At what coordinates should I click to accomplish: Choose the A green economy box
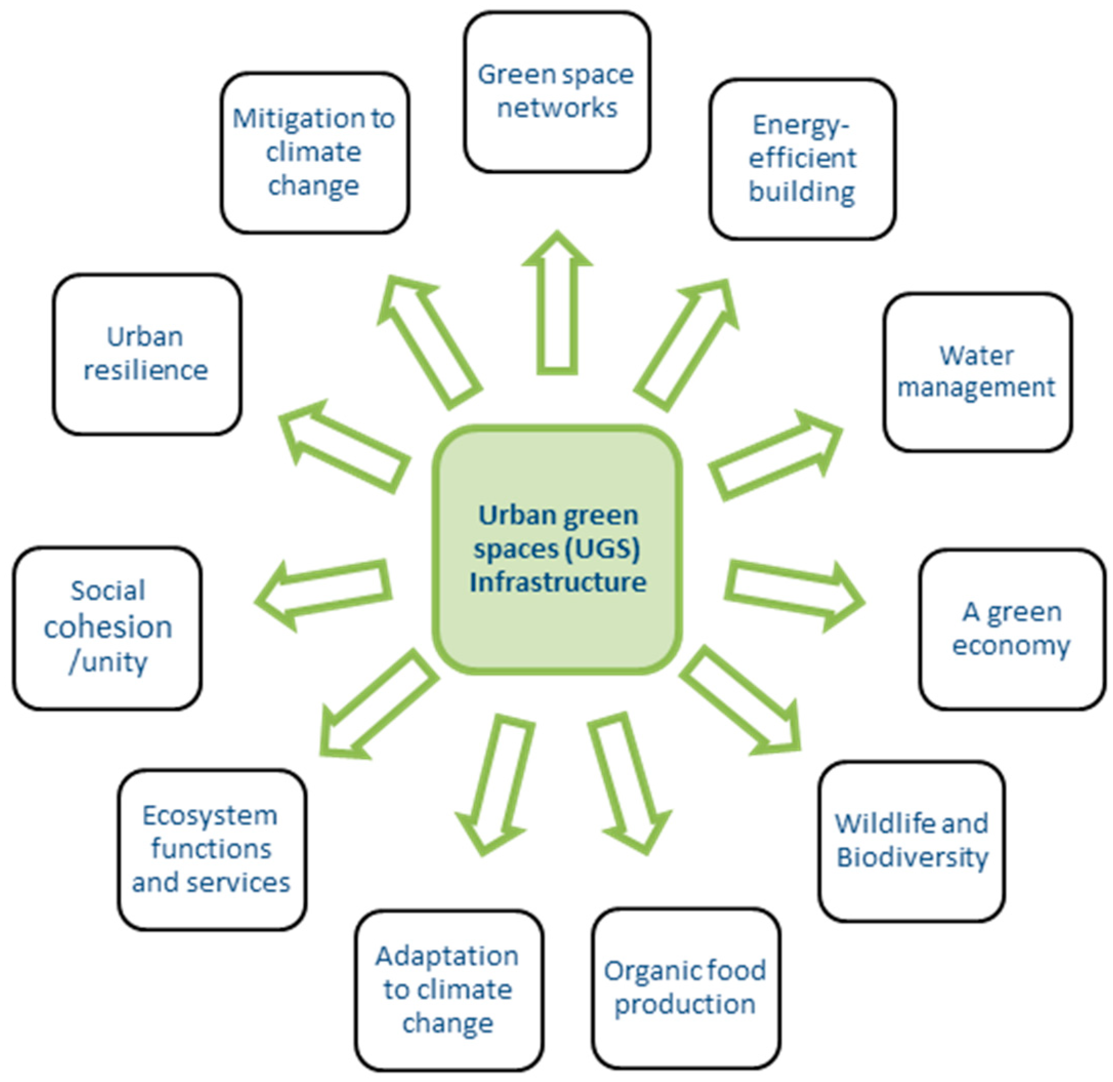coord(1011,629)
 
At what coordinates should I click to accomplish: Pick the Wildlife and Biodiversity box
coord(911,841)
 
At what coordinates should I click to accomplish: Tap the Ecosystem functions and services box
coord(212,849)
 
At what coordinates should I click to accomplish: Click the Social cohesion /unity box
coord(108,628)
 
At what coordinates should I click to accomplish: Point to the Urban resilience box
coord(146,353)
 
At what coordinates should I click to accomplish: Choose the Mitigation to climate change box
coord(314,152)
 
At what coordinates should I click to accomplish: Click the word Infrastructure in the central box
coord(557,582)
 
